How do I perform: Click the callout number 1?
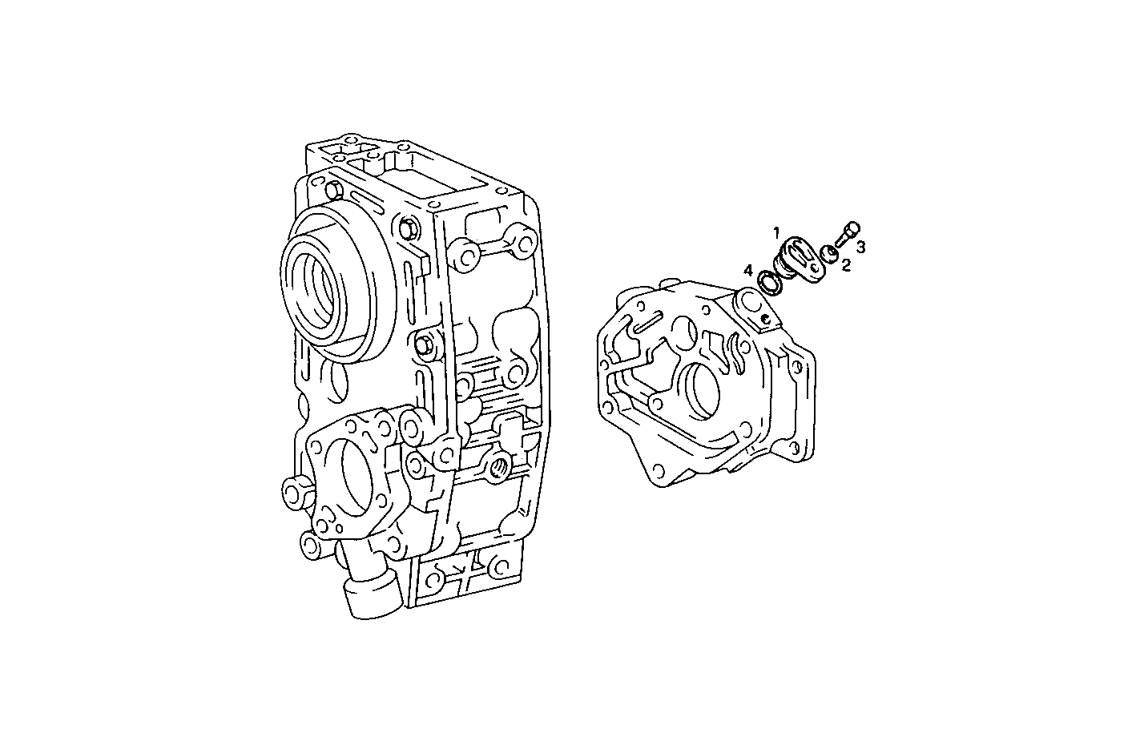click(776, 232)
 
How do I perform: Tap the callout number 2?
click(845, 265)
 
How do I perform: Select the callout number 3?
click(860, 247)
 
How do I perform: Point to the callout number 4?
click(747, 271)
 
